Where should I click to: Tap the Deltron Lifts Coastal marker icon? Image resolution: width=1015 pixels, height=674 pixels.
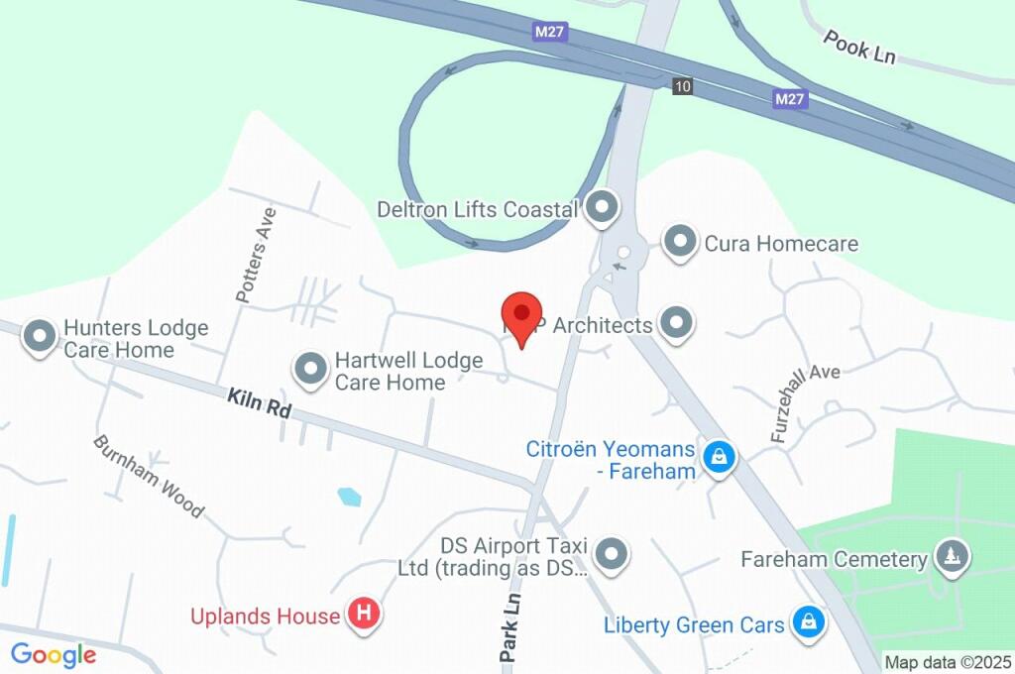601,208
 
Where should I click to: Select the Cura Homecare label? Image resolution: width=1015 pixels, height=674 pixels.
781,243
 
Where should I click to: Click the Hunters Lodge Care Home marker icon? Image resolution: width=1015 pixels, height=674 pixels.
41,337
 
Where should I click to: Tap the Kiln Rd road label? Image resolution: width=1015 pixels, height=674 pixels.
258,402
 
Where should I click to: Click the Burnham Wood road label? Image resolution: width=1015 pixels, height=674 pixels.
149,476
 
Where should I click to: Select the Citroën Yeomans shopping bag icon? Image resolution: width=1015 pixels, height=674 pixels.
718,457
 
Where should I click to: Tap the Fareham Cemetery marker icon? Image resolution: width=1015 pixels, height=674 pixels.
953,558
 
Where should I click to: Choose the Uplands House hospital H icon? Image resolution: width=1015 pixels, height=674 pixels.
364,616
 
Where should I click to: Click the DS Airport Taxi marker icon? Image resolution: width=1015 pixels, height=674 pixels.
613,555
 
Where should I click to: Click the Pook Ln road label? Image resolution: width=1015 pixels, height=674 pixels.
859,46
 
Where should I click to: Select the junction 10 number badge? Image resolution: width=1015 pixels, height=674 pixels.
681,86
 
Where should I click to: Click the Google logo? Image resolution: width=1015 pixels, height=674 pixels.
54,655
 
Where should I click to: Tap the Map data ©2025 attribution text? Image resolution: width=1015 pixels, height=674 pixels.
948,662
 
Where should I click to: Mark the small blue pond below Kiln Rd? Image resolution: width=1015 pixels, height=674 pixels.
349,497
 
